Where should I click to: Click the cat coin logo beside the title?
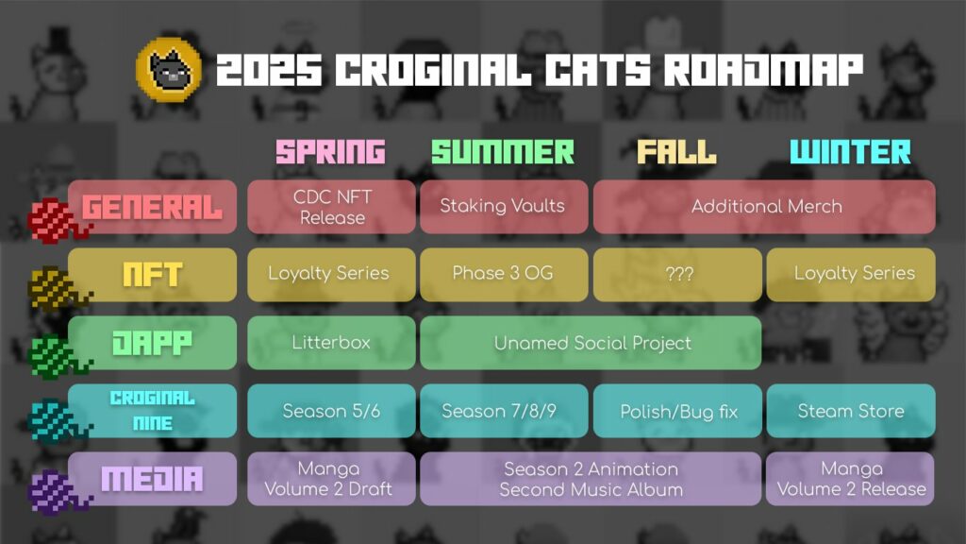[x=168, y=70]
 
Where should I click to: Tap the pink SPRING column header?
[x=330, y=152]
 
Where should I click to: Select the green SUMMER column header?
[x=503, y=152]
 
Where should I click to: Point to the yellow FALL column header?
[x=676, y=152]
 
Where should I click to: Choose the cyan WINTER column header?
[x=850, y=152]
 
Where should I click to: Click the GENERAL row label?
[x=152, y=207]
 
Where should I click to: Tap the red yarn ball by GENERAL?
[x=56, y=221]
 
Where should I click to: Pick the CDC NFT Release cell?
[x=331, y=207]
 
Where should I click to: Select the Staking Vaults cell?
[x=504, y=207]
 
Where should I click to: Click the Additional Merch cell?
[x=764, y=207]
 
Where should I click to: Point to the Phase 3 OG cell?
[x=504, y=275]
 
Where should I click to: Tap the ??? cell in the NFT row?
[x=677, y=275]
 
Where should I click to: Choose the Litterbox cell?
[x=331, y=343]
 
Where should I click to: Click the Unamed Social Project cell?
[x=591, y=343]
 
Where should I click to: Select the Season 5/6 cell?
[x=331, y=411]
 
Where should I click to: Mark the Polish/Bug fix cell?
[x=677, y=411]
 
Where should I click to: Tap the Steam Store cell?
[x=851, y=411]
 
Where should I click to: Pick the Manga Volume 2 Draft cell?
[x=331, y=479]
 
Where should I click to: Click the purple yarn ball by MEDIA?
[x=57, y=492]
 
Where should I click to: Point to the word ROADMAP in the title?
[x=763, y=69]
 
